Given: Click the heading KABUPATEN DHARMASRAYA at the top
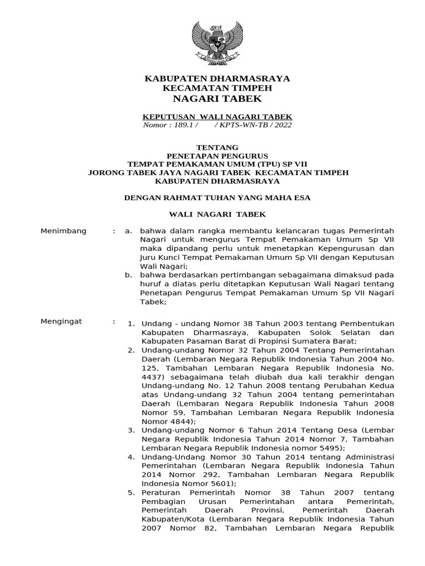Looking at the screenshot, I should coord(217,78).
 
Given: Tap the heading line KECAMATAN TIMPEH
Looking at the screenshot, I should coord(217,88).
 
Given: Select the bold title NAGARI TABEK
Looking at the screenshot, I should coord(217,98).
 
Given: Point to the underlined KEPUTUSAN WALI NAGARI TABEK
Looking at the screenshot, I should coord(217,117).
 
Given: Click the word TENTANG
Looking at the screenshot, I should coord(217,148).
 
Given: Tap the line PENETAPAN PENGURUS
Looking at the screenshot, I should coord(217,156).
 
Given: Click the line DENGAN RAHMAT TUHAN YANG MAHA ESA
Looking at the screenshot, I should coord(217,197).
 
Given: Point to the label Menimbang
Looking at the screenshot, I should coord(64,231).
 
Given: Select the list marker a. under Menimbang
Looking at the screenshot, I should coord(128,231).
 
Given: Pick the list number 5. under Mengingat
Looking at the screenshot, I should coord(131,492).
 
